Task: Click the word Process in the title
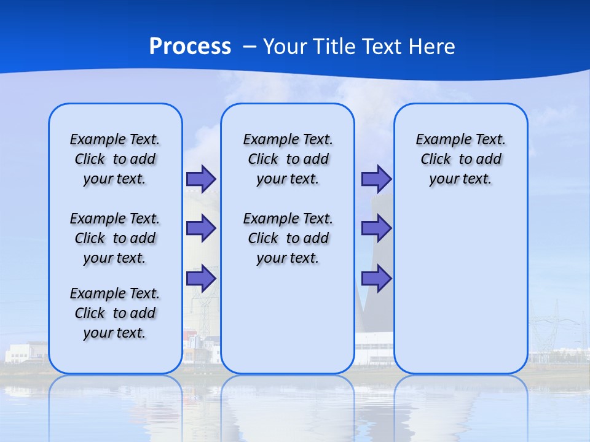point(190,46)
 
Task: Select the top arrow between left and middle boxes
point(201,179)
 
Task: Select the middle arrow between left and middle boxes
point(201,228)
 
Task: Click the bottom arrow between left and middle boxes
point(201,279)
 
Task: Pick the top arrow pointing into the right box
point(376,179)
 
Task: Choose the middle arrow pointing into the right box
point(376,228)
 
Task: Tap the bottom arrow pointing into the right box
point(376,279)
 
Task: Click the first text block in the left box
point(115,159)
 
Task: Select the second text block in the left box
point(115,238)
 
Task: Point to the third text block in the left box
point(115,313)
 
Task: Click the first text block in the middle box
point(288,159)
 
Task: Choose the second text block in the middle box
point(288,238)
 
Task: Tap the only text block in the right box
point(460,159)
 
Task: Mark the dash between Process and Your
point(250,47)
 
